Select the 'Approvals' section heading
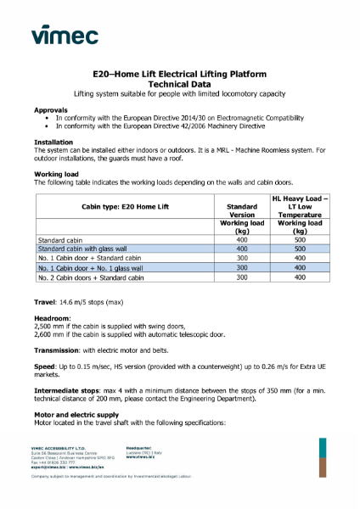tap(51, 110)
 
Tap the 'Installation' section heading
tap(53, 141)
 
